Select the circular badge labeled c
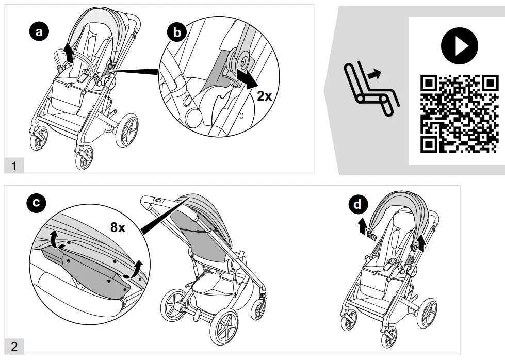tap(35, 203)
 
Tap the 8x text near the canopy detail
tap(118, 227)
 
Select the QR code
tap(457, 113)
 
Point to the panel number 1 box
tap(14, 166)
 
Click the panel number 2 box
tap(14, 346)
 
